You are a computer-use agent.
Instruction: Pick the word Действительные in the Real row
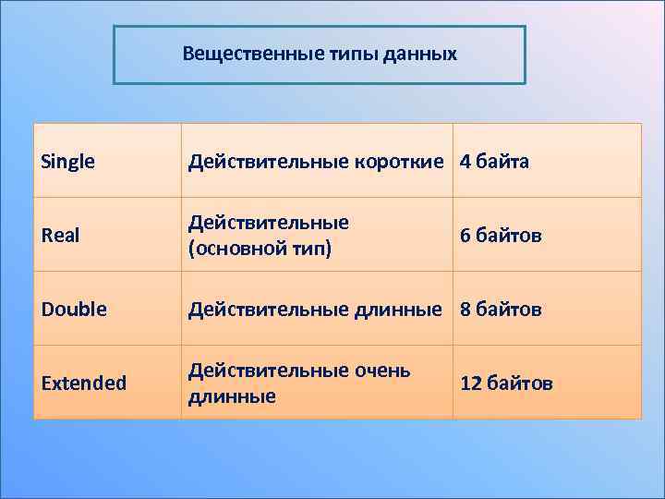[x=269, y=223]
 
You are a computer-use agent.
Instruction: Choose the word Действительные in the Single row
[x=269, y=162]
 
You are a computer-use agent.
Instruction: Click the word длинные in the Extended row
[x=232, y=396]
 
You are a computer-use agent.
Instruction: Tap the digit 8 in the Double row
[x=465, y=309]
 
